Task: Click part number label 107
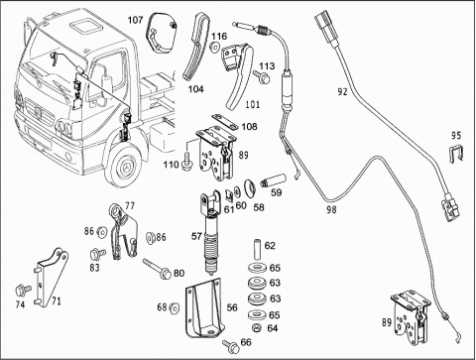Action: click(x=136, y=20)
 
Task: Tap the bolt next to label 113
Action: click(x=262, y=77)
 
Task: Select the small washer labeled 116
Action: click(x=215, y=47)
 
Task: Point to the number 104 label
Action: click(x=195, y=89)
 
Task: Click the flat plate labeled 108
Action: click(x=225, y=122)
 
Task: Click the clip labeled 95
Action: click(x=456, y=154)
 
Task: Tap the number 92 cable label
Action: click(x=343, y=91)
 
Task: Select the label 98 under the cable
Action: click(x=331, y=209)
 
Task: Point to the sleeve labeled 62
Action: click(x=257, y=250)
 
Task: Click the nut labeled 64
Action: click(x=256, y=328)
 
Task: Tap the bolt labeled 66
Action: click(x=231, y=345)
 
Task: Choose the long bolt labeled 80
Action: click(x=157, y=268)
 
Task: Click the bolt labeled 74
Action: click(x=23, y=290)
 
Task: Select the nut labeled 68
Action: click(x=174, y=307)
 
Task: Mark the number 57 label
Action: click(x=196, y=236)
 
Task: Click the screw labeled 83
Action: click(x=97, y=254)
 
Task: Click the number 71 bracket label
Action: click(x=56, y=301)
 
